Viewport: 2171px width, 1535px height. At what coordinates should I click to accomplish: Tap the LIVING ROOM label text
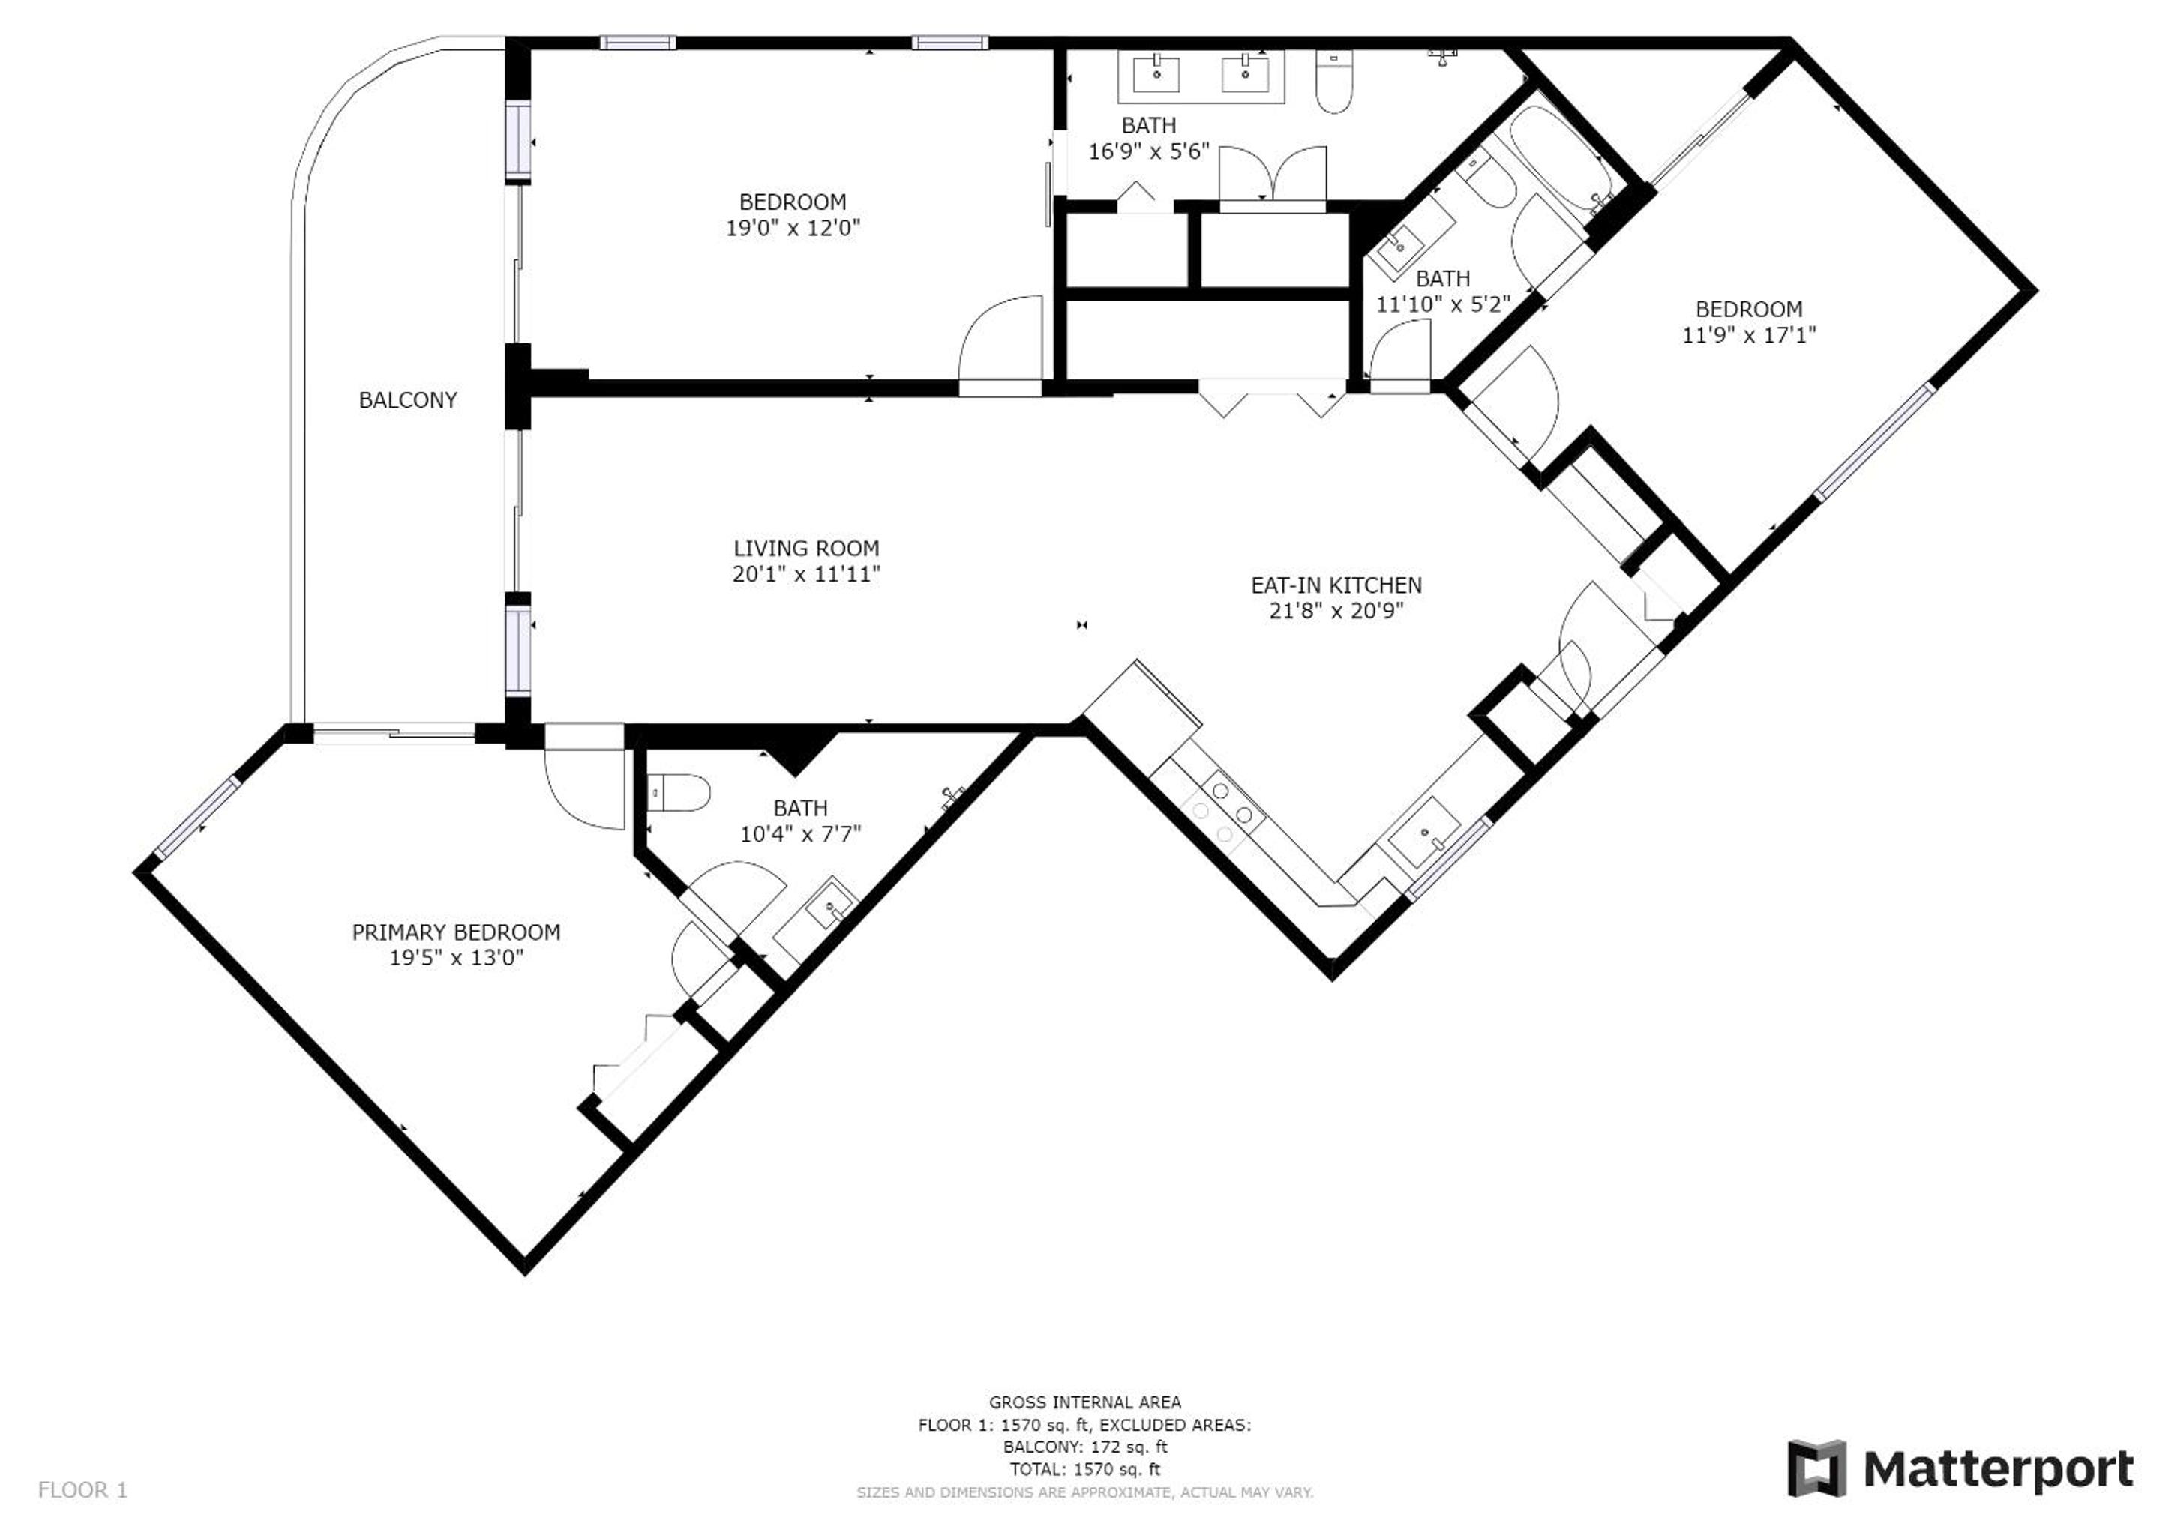(807, 548)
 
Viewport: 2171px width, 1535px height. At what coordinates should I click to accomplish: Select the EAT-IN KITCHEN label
(1336, 585)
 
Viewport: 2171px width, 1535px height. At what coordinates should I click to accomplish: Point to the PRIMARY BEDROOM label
(456, 932)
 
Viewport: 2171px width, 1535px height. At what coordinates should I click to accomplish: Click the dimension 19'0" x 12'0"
(793, 228)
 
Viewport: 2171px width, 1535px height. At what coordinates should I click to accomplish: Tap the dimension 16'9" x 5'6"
(1149, 151)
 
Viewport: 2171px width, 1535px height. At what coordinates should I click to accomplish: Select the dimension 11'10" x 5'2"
(1442, 304)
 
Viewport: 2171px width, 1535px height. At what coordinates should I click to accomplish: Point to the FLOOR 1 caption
(82, 1491)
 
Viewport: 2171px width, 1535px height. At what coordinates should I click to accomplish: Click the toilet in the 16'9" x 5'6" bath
(1333, 82)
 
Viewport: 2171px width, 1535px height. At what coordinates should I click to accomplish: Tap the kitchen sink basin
(1425, 832)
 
